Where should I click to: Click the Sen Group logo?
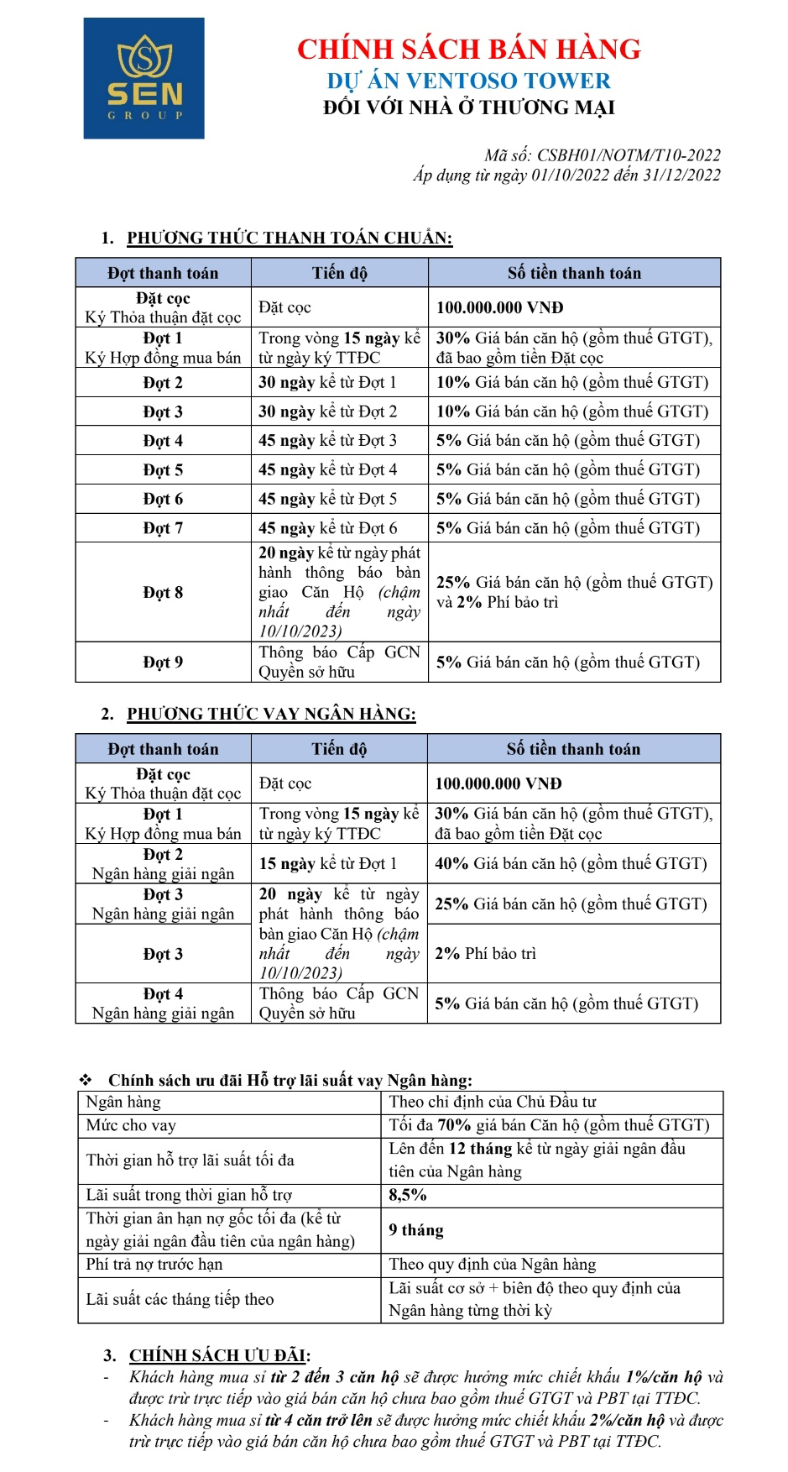point(144,78)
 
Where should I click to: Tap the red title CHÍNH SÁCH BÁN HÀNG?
point(468,49)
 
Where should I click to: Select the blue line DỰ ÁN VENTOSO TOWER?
point(468,81)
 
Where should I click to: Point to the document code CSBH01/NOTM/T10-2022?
point(629,155)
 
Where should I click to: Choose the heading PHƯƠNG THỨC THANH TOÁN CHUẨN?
point(290,238)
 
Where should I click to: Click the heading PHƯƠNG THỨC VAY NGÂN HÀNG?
point(271,714)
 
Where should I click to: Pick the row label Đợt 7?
point(163,528)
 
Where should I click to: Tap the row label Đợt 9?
point(163,662)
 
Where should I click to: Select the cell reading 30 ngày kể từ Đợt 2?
point(327,411)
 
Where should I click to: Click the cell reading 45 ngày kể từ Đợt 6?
point(327,528)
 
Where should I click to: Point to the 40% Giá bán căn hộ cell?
point(571,863)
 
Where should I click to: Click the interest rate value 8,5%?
point(408,1195)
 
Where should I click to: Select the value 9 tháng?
point(416,1230)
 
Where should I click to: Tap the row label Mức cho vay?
point(131,1125)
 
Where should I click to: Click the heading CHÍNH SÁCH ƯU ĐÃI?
point(219,1355)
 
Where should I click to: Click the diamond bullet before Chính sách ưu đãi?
point(85,1080)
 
